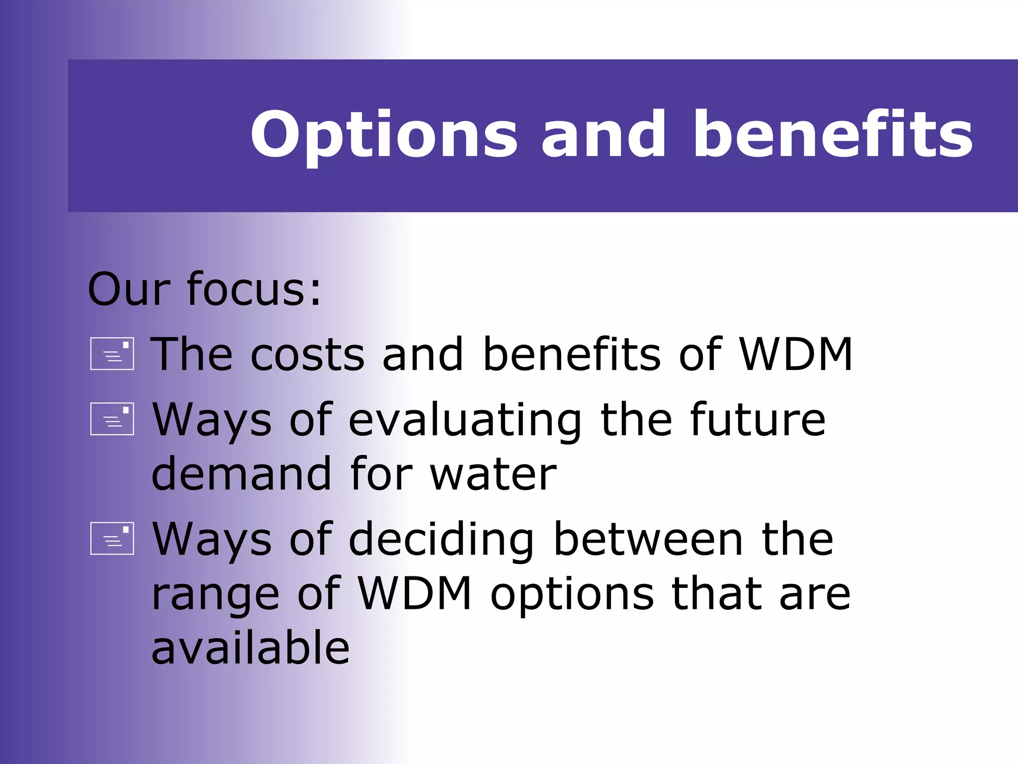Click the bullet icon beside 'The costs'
click(x=112, y=354)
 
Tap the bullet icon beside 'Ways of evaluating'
click(x=112, y=419)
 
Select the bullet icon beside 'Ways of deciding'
click(x=112, y=538)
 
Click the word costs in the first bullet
click(x=307, y=354)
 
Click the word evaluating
click(x=465, y=420)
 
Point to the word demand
click(x=241, y=474)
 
